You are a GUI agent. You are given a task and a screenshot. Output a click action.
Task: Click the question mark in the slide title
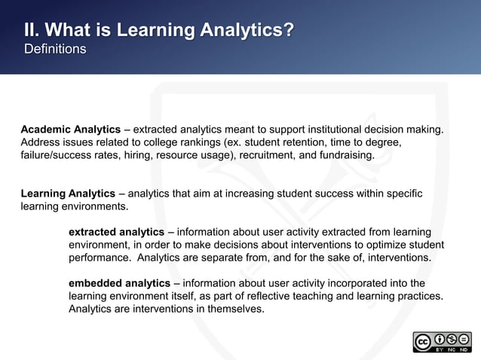(287, 30)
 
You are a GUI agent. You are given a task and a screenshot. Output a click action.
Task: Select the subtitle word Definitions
(55, 49)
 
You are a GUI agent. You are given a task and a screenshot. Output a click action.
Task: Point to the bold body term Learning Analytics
(68, 194)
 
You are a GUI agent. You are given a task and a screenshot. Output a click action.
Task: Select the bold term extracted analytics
(116, 232)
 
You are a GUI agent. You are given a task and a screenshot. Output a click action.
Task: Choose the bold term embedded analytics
(119, 283)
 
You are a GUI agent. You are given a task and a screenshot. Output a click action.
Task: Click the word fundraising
(345, 155)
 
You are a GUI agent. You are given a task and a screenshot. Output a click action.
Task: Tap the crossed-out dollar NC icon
(451, 338)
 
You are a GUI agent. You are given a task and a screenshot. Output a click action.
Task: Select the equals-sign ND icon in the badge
(464, 338)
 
